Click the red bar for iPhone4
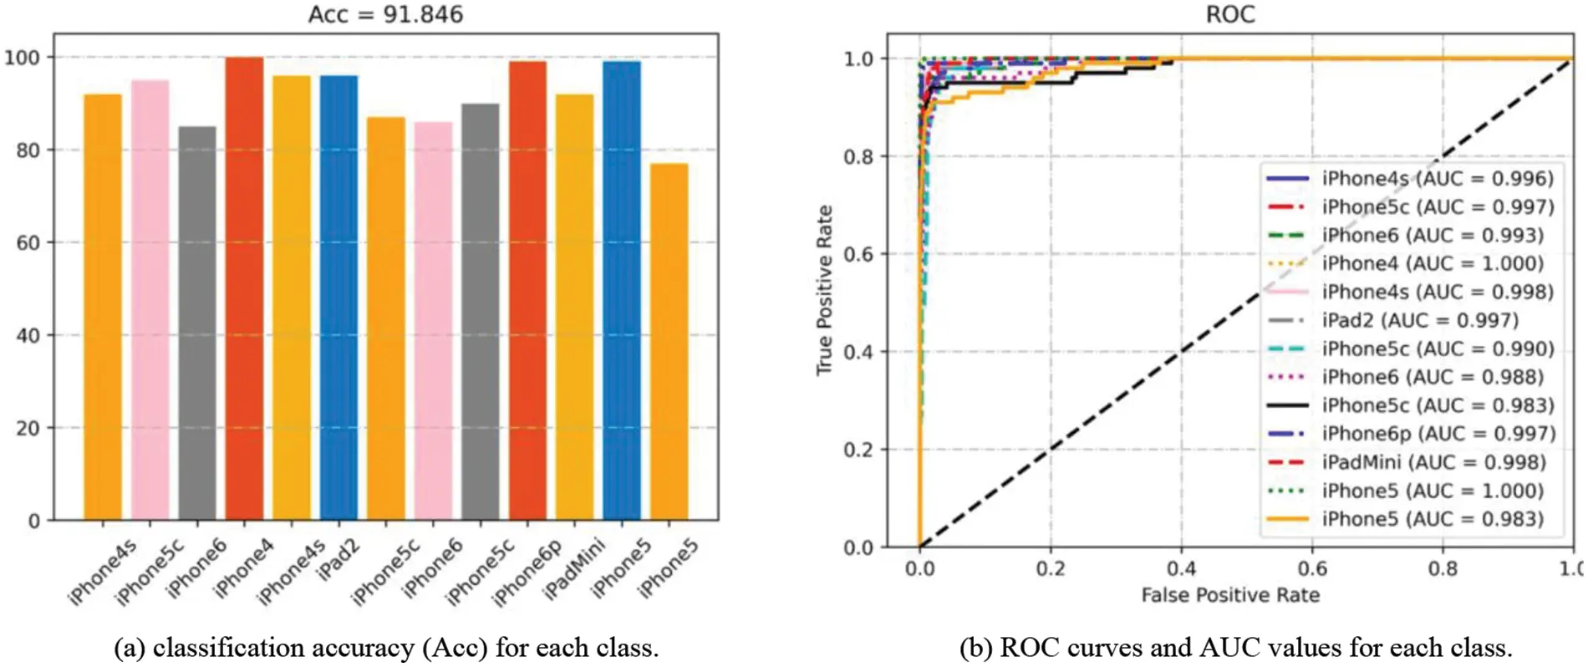(x=244, y=288)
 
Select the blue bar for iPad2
(x=338, y=298)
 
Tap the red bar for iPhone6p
(x=527, y=290)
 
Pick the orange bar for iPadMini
(x=575, y=307)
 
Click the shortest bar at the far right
(x=669, y=342)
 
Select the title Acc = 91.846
(x=385, y=14)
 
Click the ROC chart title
(x=1229, y=14)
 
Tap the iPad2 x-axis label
(x=338, y=558)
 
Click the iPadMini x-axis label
(x=573, y=569)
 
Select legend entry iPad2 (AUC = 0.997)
(x=1419, y=320)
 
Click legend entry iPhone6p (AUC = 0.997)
(x=1438, y=434)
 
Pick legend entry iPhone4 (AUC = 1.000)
(x=1432, y=263)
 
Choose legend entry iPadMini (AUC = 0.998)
(x=1433, y=462)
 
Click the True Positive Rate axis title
(x=825, y=290)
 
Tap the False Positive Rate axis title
(x=1230, y=595)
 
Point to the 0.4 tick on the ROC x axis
(x=1181, y=569)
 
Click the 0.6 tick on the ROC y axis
(x=858, y=254)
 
